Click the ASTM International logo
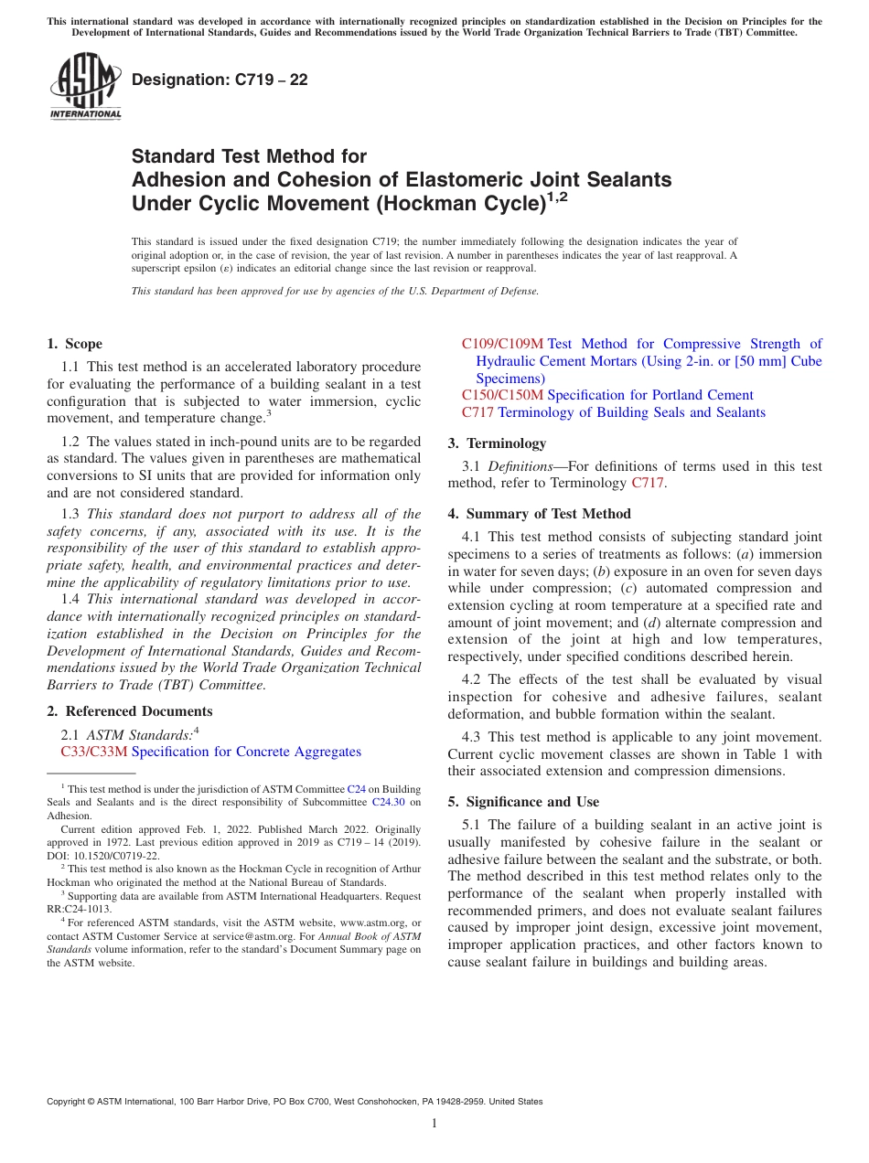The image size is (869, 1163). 85,89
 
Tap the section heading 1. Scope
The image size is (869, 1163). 74,344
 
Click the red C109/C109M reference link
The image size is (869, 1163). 502,344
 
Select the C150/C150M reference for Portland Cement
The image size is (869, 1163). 502,395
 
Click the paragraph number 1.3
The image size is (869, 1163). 70,514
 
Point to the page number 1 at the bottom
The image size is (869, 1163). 434,1124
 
